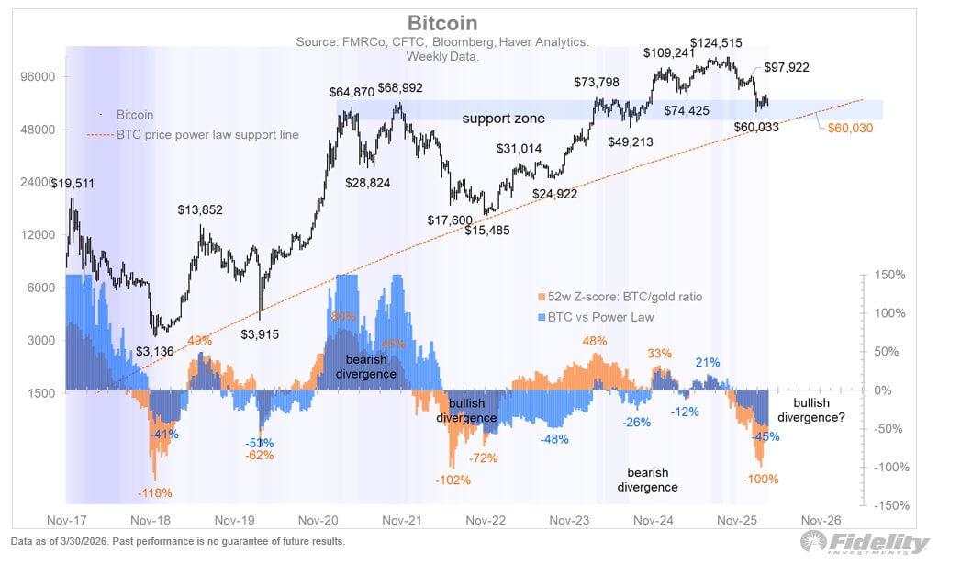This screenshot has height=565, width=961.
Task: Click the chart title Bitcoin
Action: pyautogui.click(x=443, y=23)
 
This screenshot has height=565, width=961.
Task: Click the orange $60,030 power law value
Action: pyautogui.click(x=849, y=128)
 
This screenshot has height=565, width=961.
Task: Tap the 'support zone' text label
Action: pyautogui.click(x=503, y=119)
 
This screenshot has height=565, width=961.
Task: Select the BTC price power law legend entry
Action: pyautogui.click(x=207, y=135)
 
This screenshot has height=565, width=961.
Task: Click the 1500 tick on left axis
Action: pyautogui.click(x=39, y=393)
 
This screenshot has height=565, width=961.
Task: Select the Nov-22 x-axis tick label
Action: pyautogui.click(x=486, y=519)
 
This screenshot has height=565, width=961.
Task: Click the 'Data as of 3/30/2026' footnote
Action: pyautogui.click(x=177, y=541)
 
